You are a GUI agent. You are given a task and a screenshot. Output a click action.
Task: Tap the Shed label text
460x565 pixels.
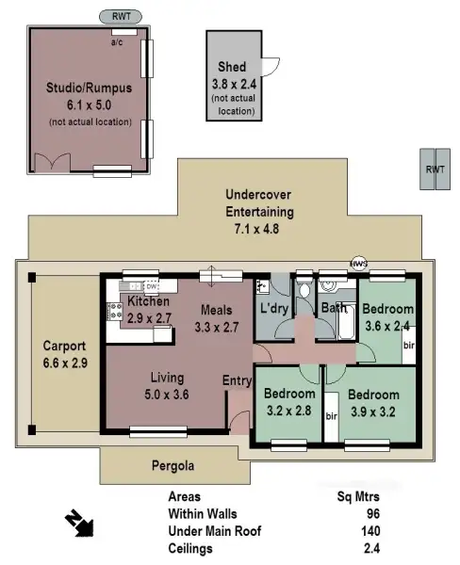click(233, 67)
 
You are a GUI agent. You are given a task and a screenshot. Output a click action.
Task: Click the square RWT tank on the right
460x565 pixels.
click(435, 169)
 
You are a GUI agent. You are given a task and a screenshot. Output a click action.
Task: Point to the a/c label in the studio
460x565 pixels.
click(118, 42)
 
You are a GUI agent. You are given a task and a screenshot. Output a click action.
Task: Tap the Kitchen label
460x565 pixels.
click(148, 301)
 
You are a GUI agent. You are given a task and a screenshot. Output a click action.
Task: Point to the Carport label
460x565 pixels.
click(64, 346)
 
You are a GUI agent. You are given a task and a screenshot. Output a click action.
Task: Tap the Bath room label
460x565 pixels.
click(333, 308)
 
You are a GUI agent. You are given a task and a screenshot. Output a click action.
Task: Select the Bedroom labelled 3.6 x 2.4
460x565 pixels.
click(387, 310)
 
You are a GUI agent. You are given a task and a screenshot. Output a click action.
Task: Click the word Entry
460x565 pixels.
click(238, 380)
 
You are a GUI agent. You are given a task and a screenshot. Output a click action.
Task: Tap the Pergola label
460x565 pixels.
click(173, 465)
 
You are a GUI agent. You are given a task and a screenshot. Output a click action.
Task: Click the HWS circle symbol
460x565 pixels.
click(358, 263)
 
